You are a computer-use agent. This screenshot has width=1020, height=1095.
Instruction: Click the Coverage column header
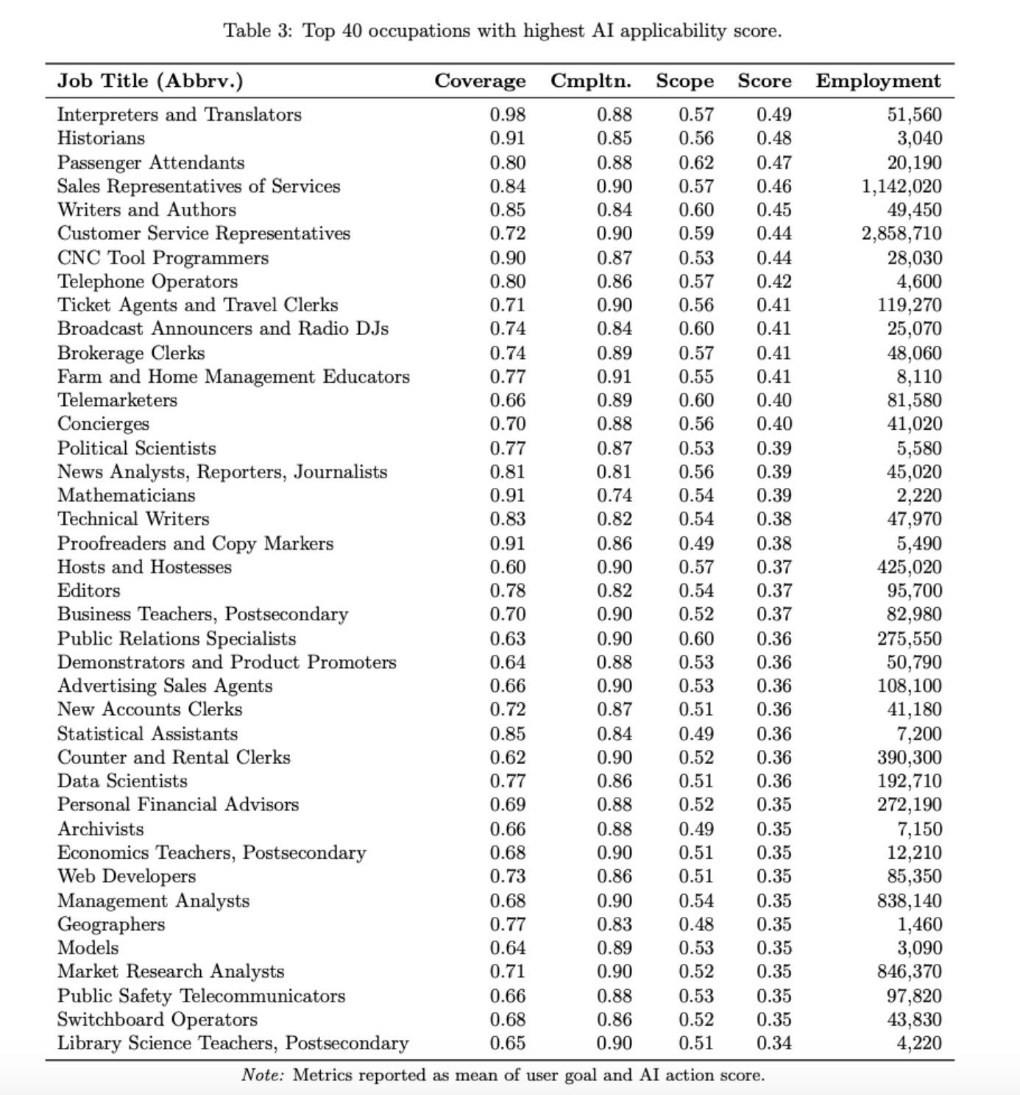480,81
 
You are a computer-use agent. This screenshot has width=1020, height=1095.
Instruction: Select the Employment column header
878,81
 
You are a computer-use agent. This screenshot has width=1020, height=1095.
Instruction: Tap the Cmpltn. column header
591,81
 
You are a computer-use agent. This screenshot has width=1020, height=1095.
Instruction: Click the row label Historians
101,138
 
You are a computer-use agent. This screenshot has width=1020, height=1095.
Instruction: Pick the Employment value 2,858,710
902,234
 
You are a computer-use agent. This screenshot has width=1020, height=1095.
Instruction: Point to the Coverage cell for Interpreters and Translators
508,115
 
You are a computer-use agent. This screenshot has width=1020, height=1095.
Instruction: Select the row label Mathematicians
127,495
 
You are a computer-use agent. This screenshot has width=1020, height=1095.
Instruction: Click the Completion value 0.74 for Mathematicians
614,495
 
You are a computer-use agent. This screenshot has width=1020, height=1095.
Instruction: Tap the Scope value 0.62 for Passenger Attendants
695,163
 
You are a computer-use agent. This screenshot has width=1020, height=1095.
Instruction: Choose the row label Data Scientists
122,781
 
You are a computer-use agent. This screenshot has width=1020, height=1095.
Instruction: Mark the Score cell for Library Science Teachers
773,1043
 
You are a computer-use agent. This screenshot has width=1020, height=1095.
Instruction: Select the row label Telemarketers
117,400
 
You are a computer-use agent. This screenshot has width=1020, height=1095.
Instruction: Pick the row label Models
88,948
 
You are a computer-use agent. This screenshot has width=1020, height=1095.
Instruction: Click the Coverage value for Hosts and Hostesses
508,567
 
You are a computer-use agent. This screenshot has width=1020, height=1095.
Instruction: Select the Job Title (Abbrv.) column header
150,81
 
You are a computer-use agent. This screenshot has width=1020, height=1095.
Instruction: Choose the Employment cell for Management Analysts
910,901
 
